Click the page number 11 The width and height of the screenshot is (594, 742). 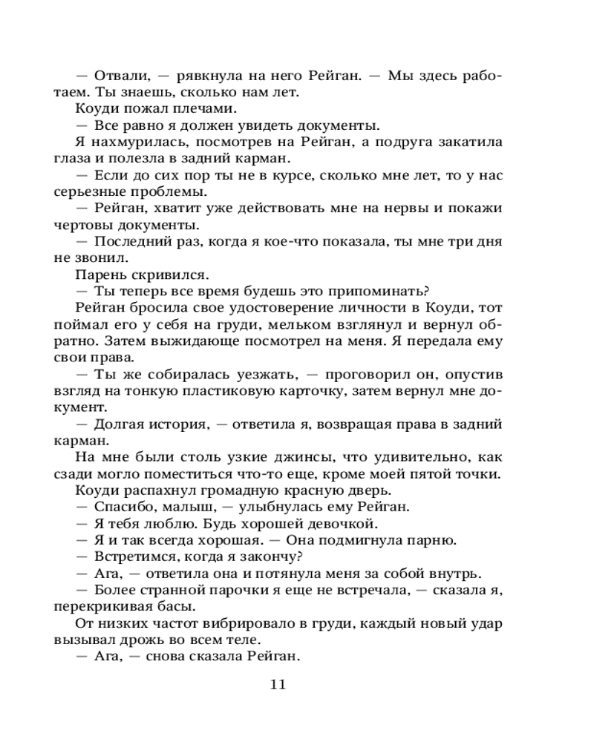[278, 683]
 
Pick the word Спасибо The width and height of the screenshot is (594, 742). [123, 507]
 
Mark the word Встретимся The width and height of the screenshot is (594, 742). [137, 556]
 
